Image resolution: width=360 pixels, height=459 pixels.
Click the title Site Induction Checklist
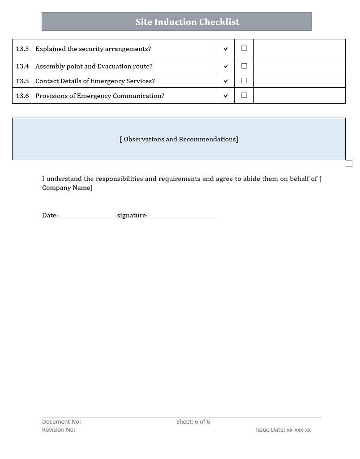[188, 22]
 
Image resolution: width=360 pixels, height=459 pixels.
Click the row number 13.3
[22, 49]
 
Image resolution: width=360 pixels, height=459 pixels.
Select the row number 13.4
[22, 66]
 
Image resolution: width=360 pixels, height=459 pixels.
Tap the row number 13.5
[22, 81]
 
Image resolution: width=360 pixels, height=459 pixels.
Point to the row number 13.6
[22, 96]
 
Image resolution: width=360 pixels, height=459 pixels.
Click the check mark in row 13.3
[226, 49]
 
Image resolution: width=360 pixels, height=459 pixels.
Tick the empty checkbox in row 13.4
[244, 66]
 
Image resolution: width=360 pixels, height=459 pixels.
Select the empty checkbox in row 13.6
[244, 95]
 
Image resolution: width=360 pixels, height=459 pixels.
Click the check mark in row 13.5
[226, 81]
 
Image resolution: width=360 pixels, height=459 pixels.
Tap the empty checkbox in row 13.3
[244, 48]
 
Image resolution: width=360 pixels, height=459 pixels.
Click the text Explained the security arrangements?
[93, 49]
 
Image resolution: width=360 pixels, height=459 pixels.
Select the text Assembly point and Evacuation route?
[94, 66]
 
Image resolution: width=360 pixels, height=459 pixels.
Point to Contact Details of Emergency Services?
[95, 81]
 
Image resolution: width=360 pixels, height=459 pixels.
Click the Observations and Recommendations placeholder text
[179, 139]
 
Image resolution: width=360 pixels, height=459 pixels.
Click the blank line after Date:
[87, 216]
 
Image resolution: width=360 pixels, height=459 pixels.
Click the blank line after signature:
[183, 216]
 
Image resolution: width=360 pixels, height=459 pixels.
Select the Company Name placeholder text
[68, 188]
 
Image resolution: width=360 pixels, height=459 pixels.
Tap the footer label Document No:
[61, 421]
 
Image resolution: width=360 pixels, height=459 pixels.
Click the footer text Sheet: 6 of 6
[193, 421]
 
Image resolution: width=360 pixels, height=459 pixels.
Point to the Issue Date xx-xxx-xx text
[283, 429]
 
